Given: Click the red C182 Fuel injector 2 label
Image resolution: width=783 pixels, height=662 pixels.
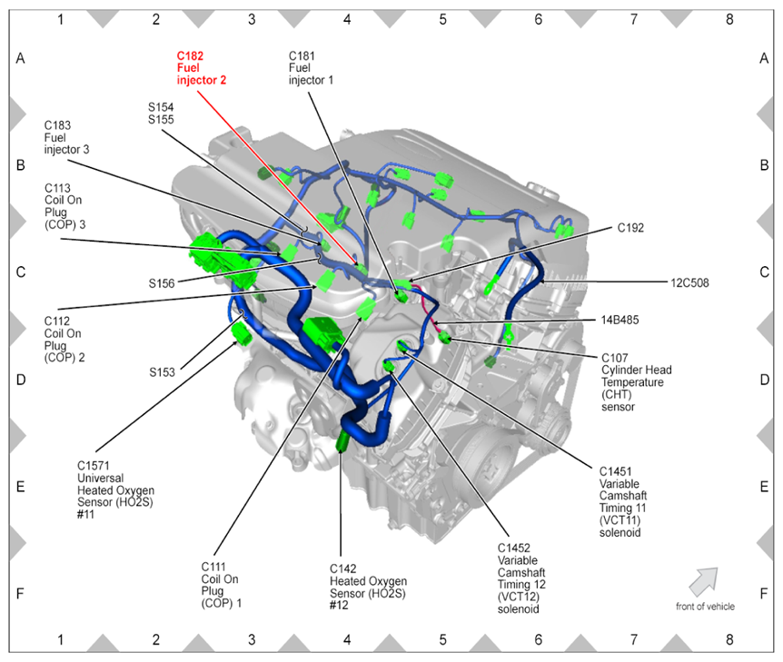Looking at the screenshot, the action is click(x=201, y=68).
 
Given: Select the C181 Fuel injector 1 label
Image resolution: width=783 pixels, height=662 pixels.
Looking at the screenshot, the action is click(x=311, y=68).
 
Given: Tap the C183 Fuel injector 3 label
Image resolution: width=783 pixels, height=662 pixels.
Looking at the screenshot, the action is click(x=66, y=137).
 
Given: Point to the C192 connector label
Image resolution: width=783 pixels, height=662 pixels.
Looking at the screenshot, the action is click(x=630, y=228).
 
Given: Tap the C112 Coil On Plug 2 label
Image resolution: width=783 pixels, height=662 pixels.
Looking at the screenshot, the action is click(x=64, y=339).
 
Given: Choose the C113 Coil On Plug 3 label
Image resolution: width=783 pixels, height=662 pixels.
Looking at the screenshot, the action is click(x=64, y=206).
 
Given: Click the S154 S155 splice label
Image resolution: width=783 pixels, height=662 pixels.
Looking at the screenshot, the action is click(x=161, y=113).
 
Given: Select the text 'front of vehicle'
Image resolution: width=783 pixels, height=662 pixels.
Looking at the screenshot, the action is click(x=705, y=607).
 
